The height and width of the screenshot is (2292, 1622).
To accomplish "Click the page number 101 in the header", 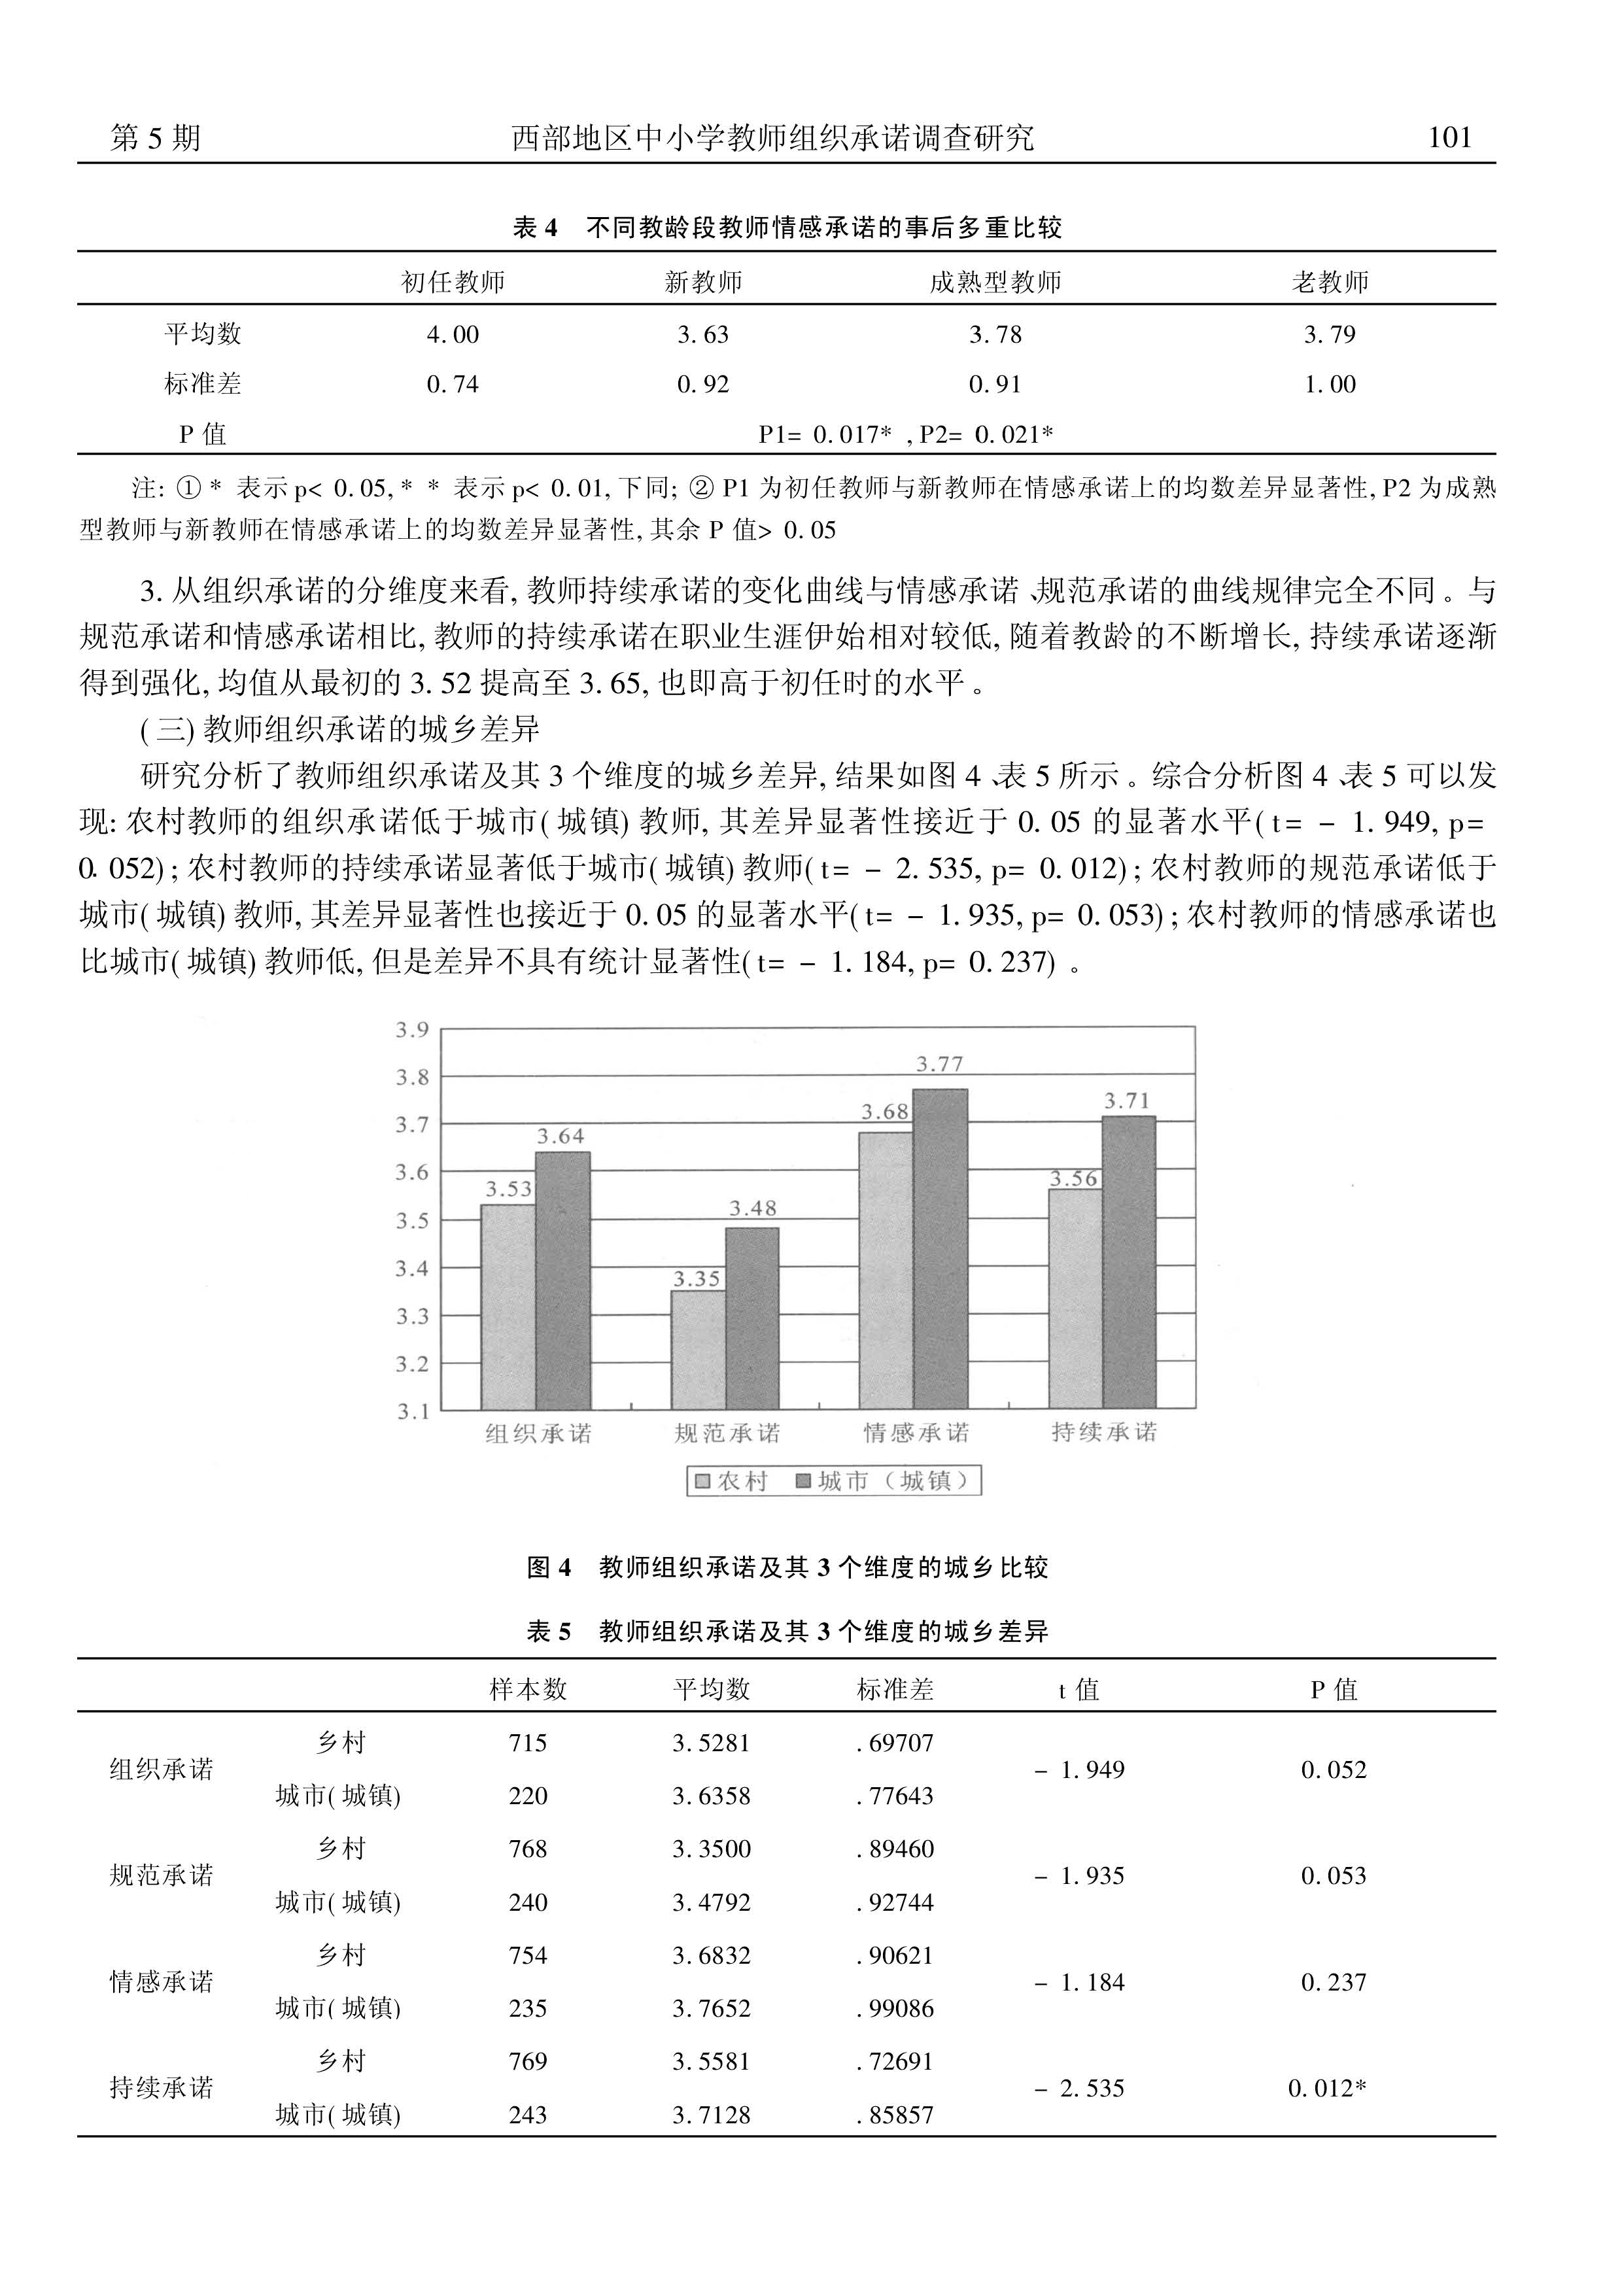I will [x=1450, y=138].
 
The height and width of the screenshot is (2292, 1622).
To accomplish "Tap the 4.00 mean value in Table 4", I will [x=453, y=335].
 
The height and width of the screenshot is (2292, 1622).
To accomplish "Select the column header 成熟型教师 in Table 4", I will [x=995, y=282].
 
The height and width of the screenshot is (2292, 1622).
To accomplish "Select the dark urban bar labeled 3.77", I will [x=940, y=1248].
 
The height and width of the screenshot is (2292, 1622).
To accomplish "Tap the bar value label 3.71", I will [x=1127, y=1101].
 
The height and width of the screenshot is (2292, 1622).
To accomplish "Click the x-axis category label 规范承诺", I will [x=727, y=1433].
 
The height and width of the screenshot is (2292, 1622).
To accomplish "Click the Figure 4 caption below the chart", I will [x=787, y=1567].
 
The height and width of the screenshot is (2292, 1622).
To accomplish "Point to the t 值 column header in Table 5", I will [x=1078, y=1690].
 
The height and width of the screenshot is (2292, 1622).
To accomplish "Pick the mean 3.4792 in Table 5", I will [x=711, y=1902].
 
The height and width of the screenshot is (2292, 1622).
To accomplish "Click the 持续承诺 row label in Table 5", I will [x=161, y=2087].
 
